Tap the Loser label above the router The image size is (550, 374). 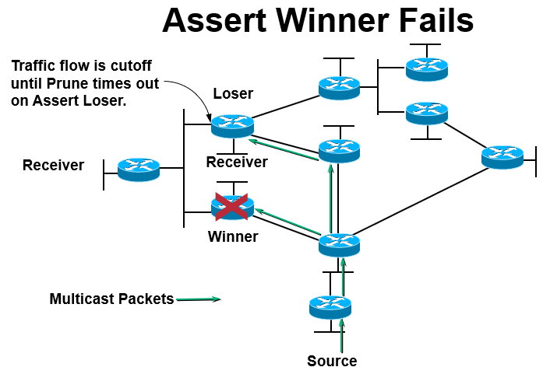click(233, 94)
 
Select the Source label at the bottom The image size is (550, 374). click(332, 361)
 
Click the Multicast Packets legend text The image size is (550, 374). click(111, 299)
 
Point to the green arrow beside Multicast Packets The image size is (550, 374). click(199, 299)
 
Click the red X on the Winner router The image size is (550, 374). click(232, 207)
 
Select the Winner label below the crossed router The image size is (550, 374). click(233, 236)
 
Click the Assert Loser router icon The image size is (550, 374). click(232, 124)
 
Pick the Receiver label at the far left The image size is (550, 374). click(53, 166)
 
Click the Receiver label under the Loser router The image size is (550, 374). click(237, 162)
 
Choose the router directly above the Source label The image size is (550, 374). click(330, 306)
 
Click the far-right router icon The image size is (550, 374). click(502, 156)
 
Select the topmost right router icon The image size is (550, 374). click(426, 68)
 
